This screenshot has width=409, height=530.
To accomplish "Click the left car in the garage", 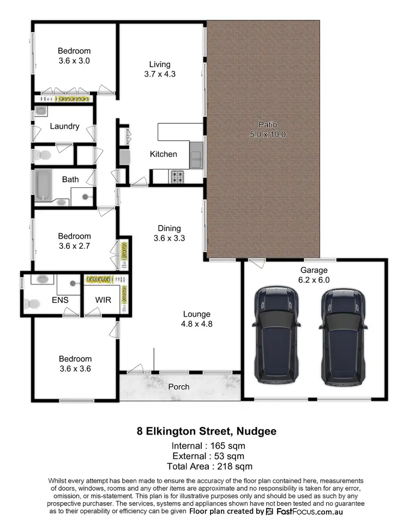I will [x=276, y=337].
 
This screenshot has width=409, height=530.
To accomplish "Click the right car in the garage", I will [x=342, y=337].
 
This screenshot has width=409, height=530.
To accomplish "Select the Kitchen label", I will [x=164, y=154].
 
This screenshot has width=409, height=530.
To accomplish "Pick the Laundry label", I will [x=64, y=126].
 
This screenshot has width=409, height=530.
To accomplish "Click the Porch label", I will [x=179, y=386].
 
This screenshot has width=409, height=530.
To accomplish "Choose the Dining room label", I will [x=169, y=228].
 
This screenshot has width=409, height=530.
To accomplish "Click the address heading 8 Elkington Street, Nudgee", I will [x=206, y=431].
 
